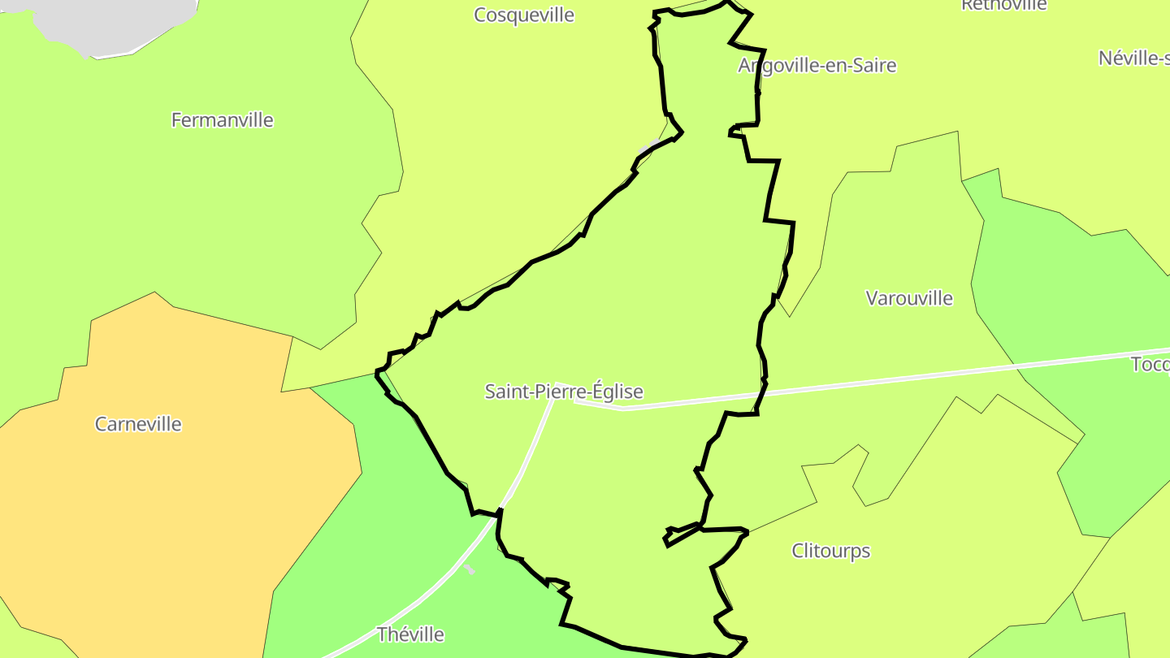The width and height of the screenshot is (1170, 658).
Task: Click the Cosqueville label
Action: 524,15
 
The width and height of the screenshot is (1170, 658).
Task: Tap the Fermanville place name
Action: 222,120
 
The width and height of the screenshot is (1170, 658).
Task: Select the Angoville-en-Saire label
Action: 817,66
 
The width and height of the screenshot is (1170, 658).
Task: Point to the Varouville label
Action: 909,298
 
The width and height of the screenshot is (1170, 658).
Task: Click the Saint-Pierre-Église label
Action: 564,392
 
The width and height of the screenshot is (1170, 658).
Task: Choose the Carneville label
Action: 138,424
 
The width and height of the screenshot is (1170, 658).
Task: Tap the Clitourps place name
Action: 830,551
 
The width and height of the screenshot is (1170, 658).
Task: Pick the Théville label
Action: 410,634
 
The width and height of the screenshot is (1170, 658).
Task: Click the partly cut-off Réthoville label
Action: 1004,5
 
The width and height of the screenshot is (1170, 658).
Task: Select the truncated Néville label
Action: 1133,58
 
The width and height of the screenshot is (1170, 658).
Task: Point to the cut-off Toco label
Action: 1150,364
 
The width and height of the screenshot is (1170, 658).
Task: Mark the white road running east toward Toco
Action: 894,379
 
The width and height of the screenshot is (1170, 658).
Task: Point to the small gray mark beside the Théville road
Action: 470,569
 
